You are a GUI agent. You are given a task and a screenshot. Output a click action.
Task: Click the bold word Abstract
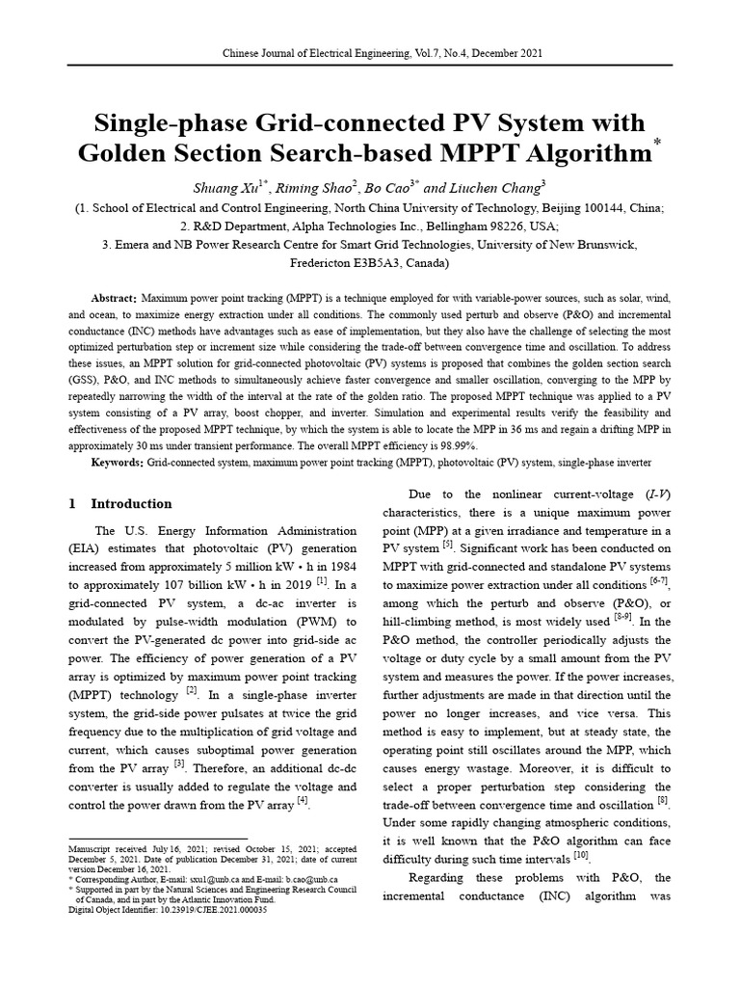coord(114,299)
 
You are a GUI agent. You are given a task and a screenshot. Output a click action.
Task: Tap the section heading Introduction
coord(131,504)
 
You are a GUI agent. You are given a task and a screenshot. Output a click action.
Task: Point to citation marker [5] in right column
coord(447,547)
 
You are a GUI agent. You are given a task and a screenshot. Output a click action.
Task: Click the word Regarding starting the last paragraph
coord(442,878)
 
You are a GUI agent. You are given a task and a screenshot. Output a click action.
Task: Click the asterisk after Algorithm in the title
coord(658,144)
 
